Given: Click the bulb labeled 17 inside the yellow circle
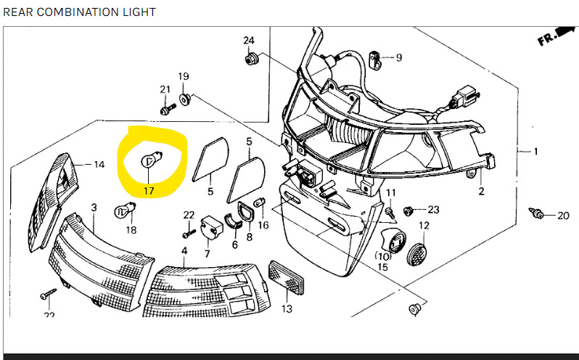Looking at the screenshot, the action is click(x=152, y=160).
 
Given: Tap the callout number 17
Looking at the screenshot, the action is click(x=149, y=191).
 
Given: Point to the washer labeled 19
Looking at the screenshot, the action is click(x=184, y=99).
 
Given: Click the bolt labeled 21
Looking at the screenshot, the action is click(x=168, y=109).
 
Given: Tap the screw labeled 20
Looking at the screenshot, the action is click(x=535, y=213).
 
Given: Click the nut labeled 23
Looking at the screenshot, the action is click(x=408, y=211).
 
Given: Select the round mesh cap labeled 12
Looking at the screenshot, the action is click(x=417, y=255).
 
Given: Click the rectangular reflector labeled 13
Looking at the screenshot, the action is click(x=287, y=277).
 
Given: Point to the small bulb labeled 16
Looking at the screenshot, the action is click(x=260, y=202).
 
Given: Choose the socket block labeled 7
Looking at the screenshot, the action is click(x=212, y=227).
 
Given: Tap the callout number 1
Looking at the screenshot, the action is click(x=535, y=151).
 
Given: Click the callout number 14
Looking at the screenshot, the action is click(x=99, y=164).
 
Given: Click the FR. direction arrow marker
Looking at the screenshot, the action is click(x=556, y=36).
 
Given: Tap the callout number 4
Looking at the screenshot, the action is click(x=184, y=250).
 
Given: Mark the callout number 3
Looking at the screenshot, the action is click(x=94, y=208).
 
